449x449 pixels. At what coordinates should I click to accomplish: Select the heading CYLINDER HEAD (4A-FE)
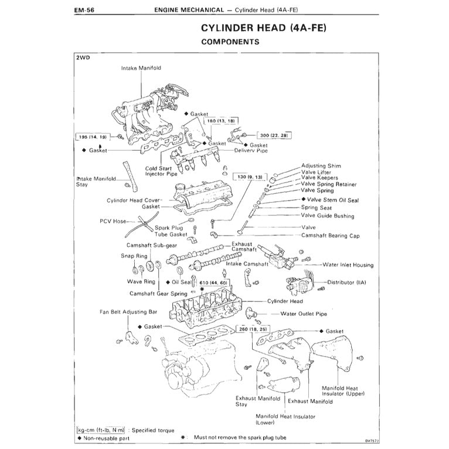264,28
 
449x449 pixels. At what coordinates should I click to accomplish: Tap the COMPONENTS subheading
230,42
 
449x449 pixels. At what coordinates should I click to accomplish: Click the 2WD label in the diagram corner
83,58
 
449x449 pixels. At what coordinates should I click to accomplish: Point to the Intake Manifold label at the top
141,68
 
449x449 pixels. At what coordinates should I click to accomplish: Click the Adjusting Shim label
321,166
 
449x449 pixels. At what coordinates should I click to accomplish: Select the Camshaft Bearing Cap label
330,235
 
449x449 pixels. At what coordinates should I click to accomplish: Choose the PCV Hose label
113,221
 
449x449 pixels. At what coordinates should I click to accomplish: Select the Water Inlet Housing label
348,265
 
